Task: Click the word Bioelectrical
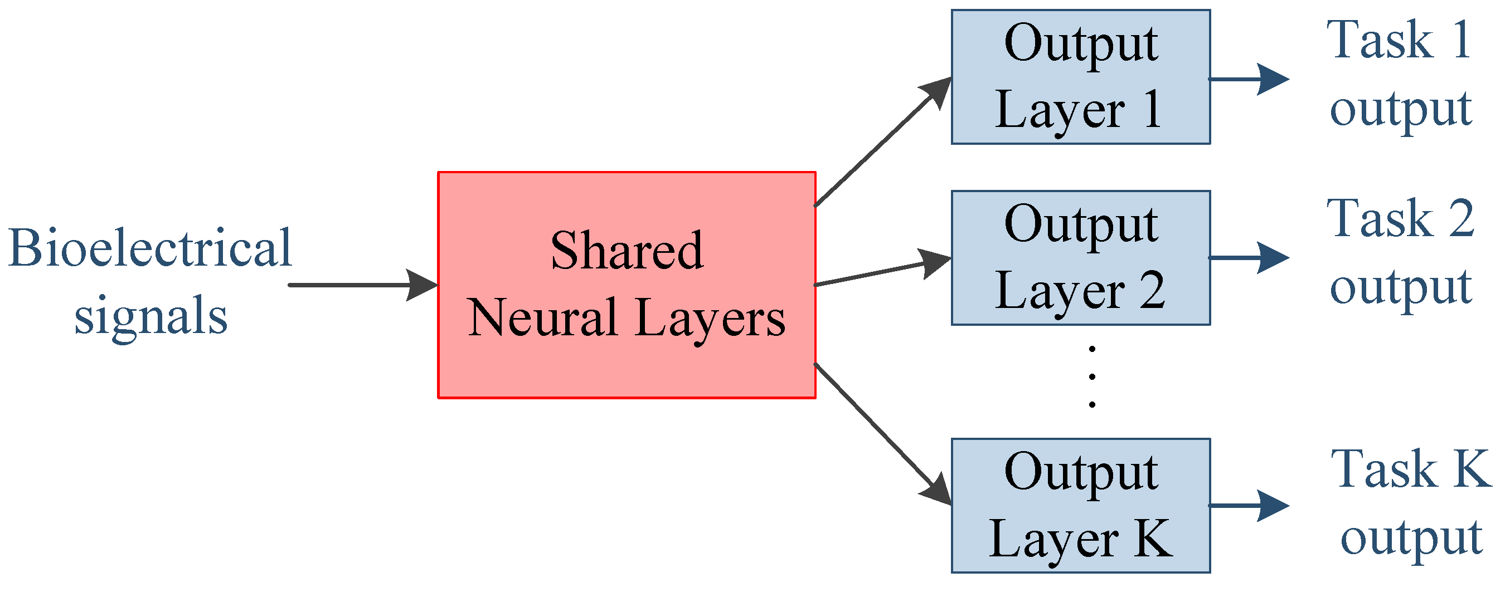pos(150,248)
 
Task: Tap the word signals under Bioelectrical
pos(150,317)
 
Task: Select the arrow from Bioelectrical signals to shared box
pos(363,285)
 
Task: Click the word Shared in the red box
pos(627,251)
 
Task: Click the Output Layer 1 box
pos(1080,77)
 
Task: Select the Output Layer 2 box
pos(1080,258)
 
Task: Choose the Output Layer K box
pos(1080,505)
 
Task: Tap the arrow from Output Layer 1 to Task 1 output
pos(1249,79)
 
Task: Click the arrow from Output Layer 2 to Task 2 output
pos(1249,258)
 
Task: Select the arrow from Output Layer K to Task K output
pos(1249,505)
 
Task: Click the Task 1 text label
pos(1400,41)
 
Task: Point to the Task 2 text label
pos(1400,219)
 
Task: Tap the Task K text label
pos(1410,469)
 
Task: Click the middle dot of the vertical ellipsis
pos(1092,376)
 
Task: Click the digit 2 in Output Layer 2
pos(1152,291)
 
